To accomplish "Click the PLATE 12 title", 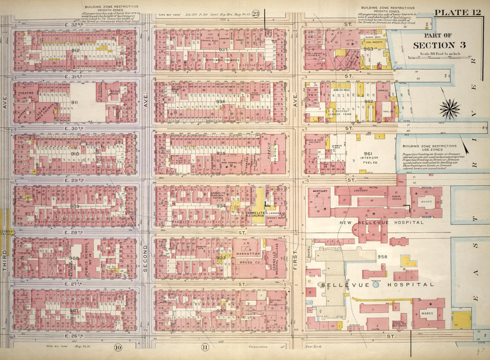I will (x=457, y=12).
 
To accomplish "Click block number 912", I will (x=75, y=50).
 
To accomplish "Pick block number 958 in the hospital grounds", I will (x=382, y=257).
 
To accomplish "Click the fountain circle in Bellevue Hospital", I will (x=376, y=284).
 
